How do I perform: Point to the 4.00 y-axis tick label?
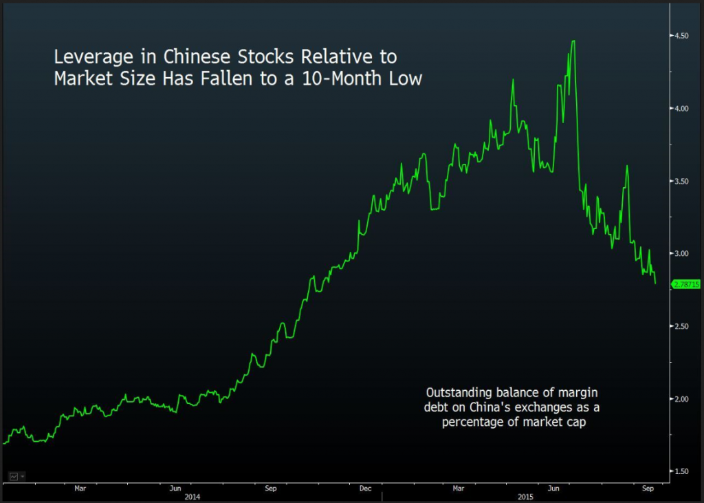[681, 109]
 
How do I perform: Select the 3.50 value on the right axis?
[681, 181]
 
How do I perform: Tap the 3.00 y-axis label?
[681, 254]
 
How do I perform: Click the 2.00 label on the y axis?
[681, 399]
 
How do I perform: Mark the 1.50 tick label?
[681, 471]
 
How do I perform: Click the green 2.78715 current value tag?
[685, 283]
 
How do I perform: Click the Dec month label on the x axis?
[365, 489]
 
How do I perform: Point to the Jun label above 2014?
[175, 489]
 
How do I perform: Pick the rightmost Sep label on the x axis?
[647, 489]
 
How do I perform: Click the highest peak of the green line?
[573, 41]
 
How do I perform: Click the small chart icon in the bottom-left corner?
[13, 475]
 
